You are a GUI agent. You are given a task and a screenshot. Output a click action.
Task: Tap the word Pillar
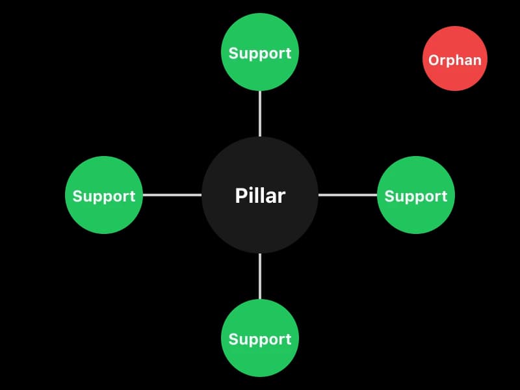click(x=260, y=196)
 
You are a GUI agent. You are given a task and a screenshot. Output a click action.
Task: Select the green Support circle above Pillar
click(x=260, y=32)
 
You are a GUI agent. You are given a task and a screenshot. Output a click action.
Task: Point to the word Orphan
click(x=455, y=60)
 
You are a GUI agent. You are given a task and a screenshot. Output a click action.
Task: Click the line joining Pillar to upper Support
click(x=260, y=114)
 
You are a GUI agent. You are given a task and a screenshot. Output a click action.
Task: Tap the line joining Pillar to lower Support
click(x=260, y=276)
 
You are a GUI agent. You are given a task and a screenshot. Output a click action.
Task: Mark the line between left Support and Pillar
click(x=172, y=194)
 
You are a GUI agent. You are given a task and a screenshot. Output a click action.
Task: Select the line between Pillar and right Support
click(x=348, y=194)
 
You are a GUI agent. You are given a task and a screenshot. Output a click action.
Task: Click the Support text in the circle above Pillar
click(x=260, y=54)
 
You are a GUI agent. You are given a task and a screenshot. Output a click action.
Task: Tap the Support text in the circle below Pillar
click(x=260, y=339)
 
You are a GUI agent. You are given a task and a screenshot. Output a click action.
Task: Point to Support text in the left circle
click(x=104, y=196)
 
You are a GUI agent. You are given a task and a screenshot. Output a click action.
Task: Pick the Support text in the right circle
click(x=416, y=196)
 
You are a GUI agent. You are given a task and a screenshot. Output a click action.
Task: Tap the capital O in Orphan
click(x=434, y=60)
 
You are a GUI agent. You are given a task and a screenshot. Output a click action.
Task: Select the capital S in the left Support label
click(x=77, y=196)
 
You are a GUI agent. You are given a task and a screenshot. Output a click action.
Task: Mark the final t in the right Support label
click(x=445, y=196)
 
